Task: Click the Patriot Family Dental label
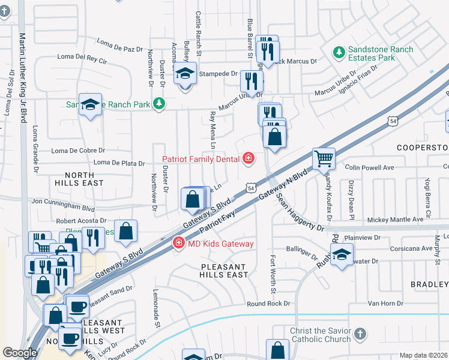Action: tap(201, 159)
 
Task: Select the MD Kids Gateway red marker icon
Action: tap(178, 243)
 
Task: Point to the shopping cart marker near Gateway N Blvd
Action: tap(324, 159)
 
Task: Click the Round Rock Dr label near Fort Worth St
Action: tap(268, 304)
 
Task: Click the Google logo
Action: tap(20, 353)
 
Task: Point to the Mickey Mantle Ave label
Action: tap(396, 220)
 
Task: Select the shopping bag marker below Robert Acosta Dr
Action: tap(126, 232)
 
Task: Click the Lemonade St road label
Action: tap(158, 316)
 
